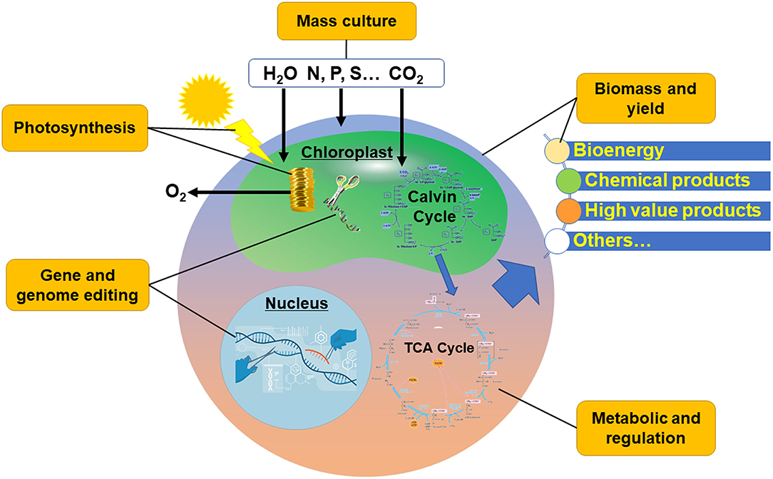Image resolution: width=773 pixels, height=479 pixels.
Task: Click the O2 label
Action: coord(173,193)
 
